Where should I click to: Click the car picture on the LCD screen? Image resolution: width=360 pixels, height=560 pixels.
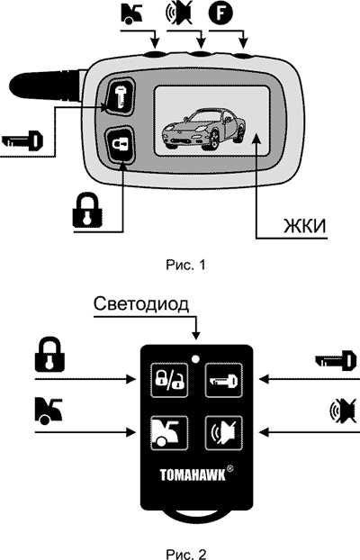click(x=201, y=130)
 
